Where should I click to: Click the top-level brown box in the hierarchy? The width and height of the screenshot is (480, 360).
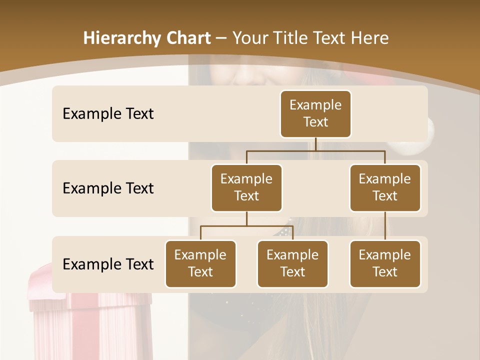(x=315, y=114)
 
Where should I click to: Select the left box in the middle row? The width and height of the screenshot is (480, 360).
(x=246, y=187)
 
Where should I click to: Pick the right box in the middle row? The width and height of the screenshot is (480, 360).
(x=385, y=187)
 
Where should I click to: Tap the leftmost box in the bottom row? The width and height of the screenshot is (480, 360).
(x=200, y=263)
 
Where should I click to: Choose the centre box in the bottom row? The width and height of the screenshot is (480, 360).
(x=292, y=263)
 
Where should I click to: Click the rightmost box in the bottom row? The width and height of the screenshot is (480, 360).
(x=385, y=263)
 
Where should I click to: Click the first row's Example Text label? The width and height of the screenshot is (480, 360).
(x=108, y=114)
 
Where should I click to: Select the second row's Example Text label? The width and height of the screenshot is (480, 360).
(x=108, y=188)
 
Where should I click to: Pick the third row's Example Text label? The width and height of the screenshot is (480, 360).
(x=108, y=264)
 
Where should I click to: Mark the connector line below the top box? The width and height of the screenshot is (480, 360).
(x=315, y=144)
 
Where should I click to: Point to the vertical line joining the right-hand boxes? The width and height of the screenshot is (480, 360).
(x=385, y=226)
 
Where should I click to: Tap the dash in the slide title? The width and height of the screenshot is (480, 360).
(x=221, y=38)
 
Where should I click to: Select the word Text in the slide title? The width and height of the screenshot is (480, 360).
(x=330, y=38)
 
